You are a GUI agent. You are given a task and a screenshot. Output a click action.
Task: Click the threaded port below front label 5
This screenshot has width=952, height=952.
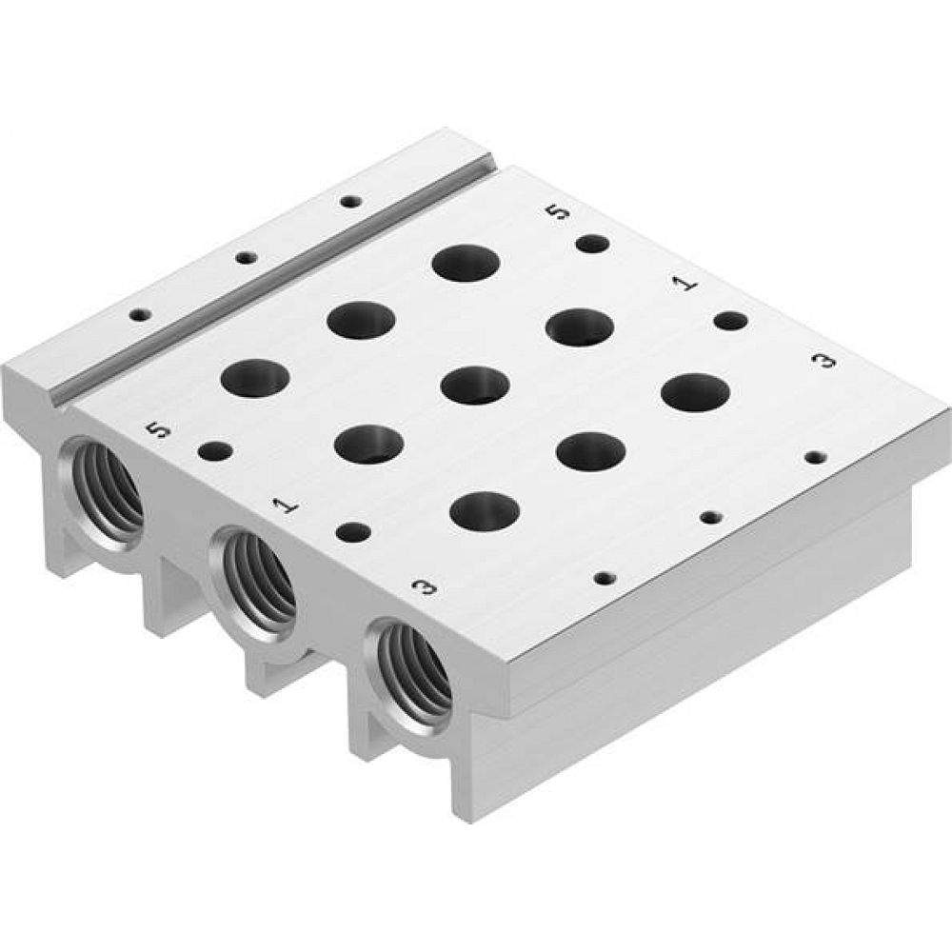102,489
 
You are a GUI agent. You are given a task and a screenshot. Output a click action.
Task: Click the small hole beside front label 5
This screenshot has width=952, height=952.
215,449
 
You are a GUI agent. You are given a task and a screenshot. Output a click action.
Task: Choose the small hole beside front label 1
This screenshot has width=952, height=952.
353,531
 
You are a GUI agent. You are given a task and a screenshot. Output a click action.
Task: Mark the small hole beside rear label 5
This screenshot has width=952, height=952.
592,244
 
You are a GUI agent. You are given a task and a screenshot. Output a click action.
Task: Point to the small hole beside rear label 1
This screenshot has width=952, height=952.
730,321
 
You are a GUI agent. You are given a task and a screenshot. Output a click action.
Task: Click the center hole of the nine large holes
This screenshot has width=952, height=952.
476,384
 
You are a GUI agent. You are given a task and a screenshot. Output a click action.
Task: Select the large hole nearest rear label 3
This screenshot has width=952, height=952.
695,392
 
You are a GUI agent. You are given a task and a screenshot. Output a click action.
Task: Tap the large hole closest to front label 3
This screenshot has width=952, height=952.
485,510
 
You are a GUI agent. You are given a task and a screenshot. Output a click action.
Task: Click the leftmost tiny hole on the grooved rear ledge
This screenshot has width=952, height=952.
140,313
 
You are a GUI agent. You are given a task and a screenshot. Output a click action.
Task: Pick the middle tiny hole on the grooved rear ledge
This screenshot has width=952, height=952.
246,257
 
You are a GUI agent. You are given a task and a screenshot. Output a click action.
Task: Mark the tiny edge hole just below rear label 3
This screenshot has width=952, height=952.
812,457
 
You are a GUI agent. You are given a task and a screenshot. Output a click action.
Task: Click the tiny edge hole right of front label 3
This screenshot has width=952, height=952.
603,577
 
